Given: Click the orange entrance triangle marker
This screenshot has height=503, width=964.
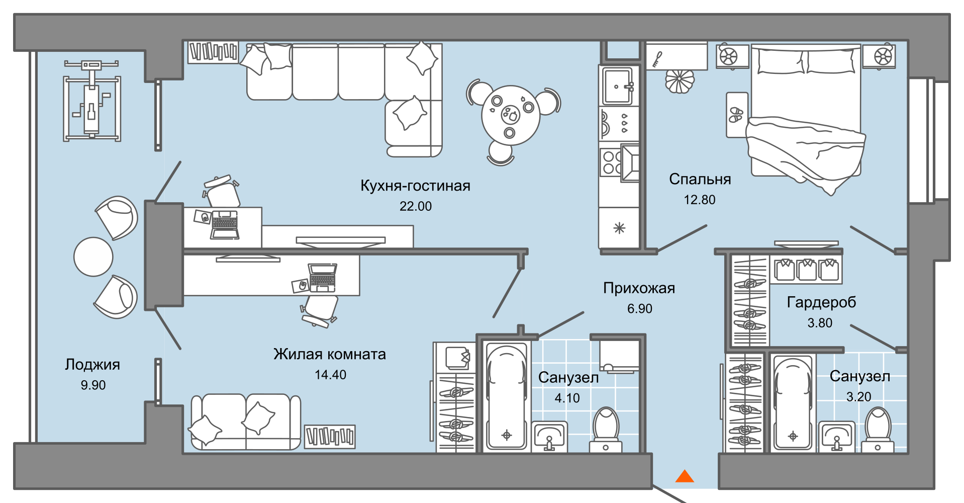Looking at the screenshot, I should coord(684,477).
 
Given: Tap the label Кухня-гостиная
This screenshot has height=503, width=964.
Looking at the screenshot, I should coord(415,186).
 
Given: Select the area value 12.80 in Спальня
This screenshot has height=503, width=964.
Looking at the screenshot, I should coord(699,200).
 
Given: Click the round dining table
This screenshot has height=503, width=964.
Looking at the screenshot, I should coord(510,115).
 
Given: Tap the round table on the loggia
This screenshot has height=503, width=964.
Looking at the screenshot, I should coord(93,257).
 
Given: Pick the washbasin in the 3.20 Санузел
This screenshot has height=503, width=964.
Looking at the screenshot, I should coord(836,436).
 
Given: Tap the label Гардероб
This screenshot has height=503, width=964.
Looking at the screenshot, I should coord(821,302).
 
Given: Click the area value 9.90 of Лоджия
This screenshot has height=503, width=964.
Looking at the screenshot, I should coord(93,385).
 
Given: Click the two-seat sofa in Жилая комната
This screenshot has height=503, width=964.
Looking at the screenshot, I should coord(245,422).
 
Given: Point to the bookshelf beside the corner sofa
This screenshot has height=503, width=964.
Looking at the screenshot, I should coord(213,52).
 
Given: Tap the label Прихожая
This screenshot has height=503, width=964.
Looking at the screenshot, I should coord(639,288).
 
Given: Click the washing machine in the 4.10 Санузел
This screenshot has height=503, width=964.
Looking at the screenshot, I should coord(619,356).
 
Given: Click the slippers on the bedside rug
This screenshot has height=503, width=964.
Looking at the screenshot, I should coord(736,115).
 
